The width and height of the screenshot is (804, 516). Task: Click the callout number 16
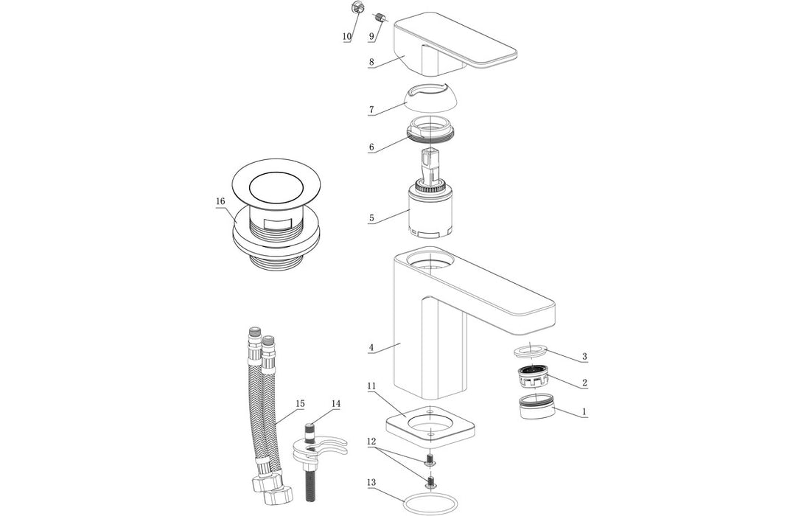[220, 201]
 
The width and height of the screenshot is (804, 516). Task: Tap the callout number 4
[371, 347]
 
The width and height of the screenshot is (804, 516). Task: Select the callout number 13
[371, 482]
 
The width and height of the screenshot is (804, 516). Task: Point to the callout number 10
[346, 36]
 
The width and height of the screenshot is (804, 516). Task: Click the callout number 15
[300, 403]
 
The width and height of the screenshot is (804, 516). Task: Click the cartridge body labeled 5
[430, 214]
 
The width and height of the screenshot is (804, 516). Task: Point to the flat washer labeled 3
[530, 349]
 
